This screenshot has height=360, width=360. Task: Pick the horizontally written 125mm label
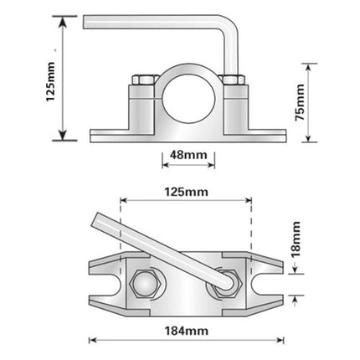[186, 192]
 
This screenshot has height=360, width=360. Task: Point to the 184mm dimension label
[186, 330]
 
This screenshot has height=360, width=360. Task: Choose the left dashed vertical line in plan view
[122, 234]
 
